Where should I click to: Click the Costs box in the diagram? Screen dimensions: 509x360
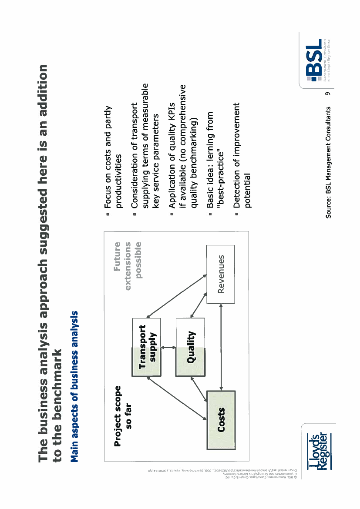click(221, 420)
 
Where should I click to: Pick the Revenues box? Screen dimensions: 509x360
click(220, 274)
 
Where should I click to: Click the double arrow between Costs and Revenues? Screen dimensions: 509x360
click(221, 346)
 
